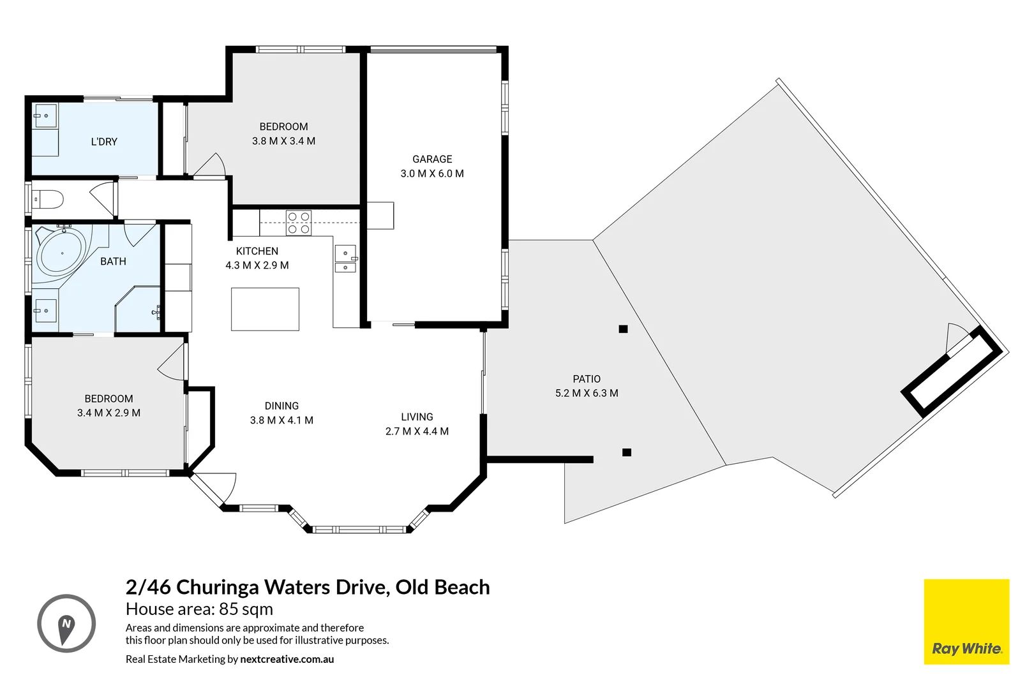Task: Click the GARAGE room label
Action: (432, 159)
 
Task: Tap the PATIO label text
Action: (587, 379)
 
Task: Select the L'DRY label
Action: (104, 142)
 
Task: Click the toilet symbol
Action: (49, 200)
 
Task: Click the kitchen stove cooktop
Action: (299, 223)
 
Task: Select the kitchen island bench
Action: (265, 309)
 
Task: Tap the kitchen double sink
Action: (345, 259)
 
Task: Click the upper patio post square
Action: (624, 329)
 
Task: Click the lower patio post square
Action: (627, 452)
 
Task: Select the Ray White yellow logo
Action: (966, 622)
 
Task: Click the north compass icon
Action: (66, 623)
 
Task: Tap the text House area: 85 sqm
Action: (199, 609)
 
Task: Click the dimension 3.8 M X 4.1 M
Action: (281, 420)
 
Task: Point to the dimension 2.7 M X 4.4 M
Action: (417, 431)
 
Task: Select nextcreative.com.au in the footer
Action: (287, 659)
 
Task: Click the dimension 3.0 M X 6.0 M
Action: (432, 174)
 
